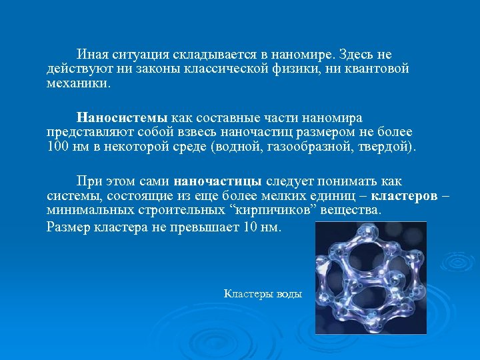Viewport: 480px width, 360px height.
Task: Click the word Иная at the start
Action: coord(91,55)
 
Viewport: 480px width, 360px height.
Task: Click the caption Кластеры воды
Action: coord(263,293)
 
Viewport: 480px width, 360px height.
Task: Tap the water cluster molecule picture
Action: coord(371,277)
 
